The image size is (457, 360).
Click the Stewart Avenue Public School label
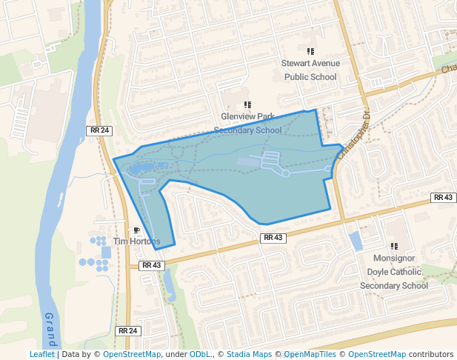click(x=310, y=70)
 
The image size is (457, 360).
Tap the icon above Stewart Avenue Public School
click(x=310, y=51)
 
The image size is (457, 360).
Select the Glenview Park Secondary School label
click(x=247, y=124)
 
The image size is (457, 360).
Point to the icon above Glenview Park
click(x=247, y=104)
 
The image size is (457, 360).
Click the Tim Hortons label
click(x=136, y=241)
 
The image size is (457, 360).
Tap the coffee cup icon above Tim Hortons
click(x=136, y=230)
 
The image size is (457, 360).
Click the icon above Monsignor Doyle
click(x=394, y=246)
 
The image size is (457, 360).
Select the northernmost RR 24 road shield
click(x=99, y=130)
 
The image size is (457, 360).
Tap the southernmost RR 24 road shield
click(x=128, y=330)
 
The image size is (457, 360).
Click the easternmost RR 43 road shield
click(x=443, y=198)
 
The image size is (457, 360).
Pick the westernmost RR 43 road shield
click(x=151, y=265)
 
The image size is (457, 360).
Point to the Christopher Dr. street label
click(x=354, y=135)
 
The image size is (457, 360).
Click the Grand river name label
click(x=50, y=330)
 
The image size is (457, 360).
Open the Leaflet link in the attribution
click(x=41, y=354)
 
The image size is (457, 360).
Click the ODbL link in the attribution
click(x=199, y=354)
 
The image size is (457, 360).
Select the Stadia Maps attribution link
click(x=249, y=354)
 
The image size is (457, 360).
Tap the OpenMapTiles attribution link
click(x=312, y=354)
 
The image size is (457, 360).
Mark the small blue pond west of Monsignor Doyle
click(x=356, y=241)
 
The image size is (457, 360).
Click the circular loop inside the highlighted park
click(x=286, y=173)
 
